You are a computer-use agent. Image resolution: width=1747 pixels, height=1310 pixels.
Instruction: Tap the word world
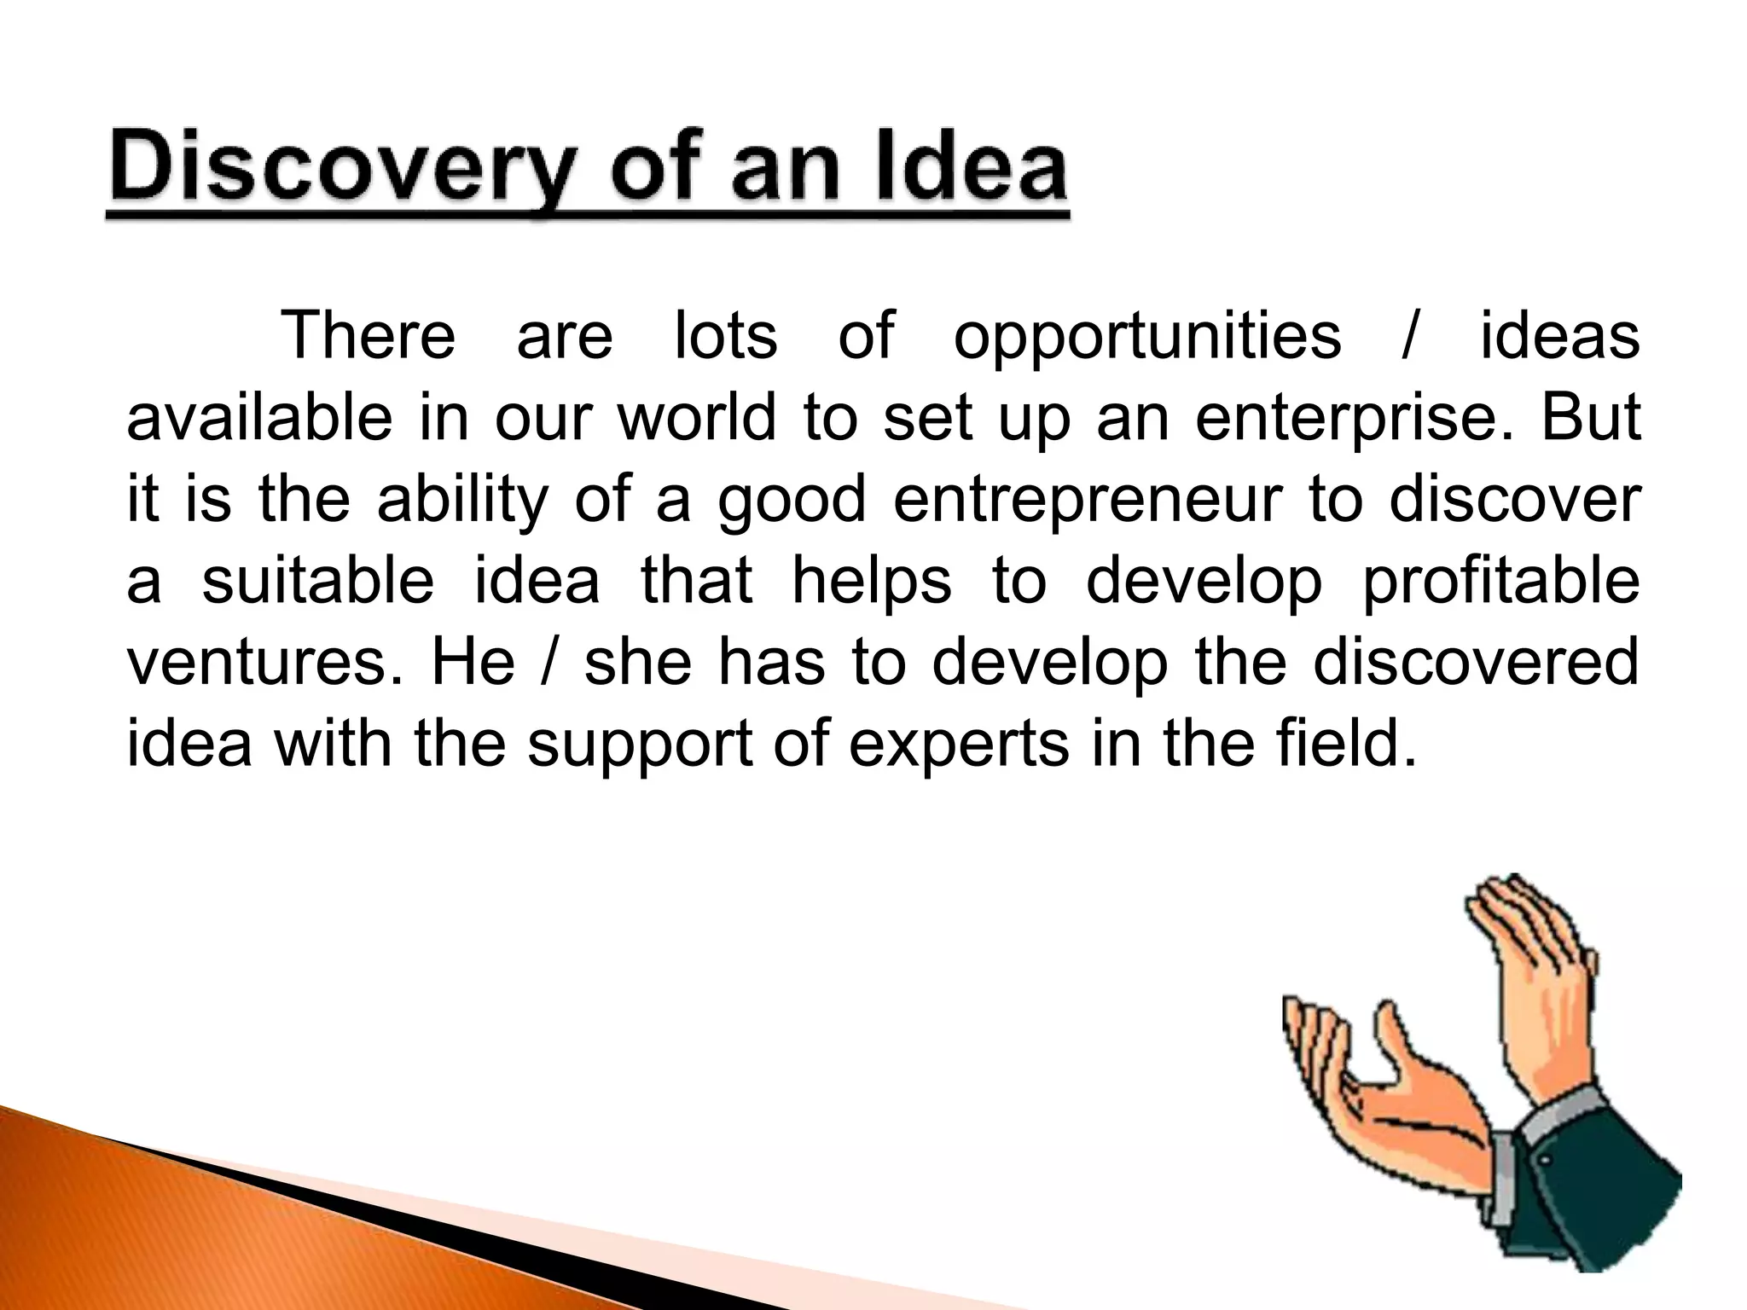[697, 417]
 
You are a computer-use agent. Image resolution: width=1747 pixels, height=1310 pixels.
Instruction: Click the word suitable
[318, 581]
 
